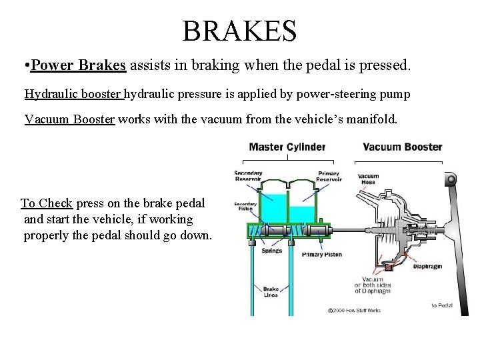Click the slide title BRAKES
[239, 30]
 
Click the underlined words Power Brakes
[79, 66]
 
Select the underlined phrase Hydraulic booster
[73, 94]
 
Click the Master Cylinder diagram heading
[287, 147]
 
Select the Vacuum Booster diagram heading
[402, 147]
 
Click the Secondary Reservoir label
[248, 177]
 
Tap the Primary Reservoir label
[327, 176]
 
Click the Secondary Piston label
[245, 207]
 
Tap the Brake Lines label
[271, 291]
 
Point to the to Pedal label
[443, 305]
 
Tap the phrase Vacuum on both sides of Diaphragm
[377, 285]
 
